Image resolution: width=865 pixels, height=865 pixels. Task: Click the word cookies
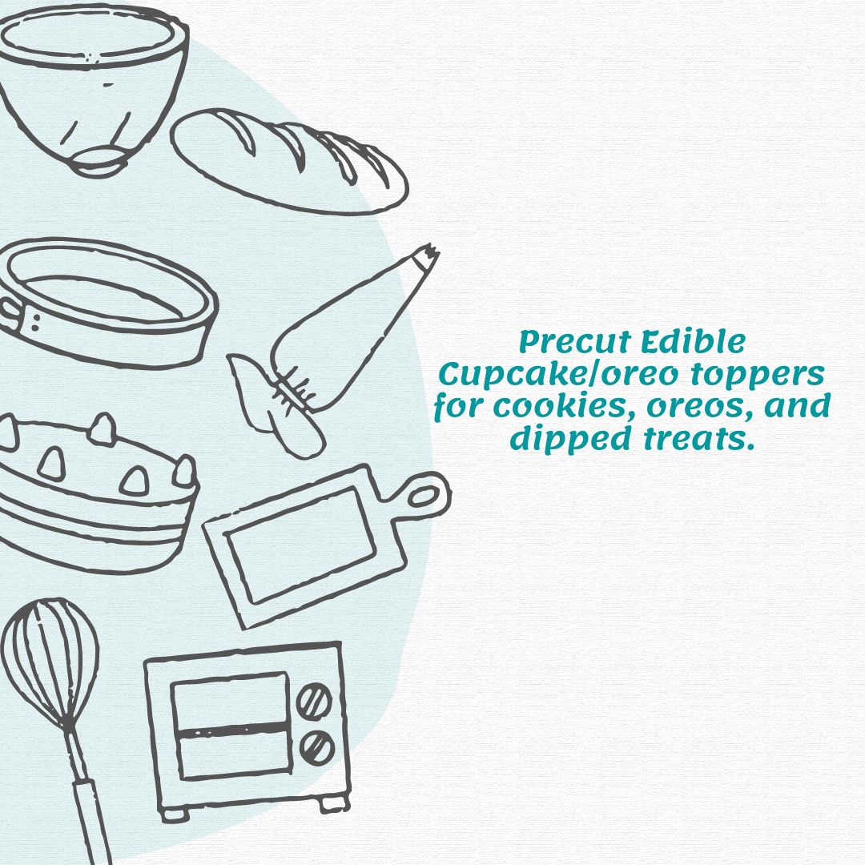[x=561, y=407]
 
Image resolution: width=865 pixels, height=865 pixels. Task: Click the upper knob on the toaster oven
[x=314, y=700]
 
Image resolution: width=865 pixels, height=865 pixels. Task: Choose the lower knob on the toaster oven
[x=316, y=747]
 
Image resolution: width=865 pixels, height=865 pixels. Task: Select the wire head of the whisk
[x=50, y=657]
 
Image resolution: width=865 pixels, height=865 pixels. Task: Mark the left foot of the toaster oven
[x=170, y=813]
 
